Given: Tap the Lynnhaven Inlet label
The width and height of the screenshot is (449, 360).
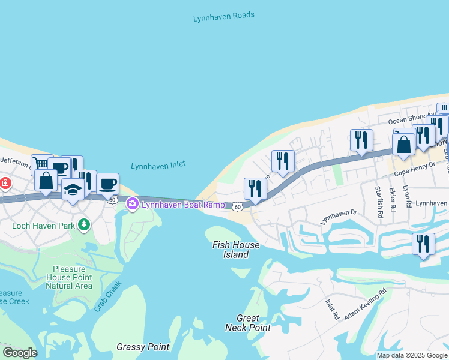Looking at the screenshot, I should (158, 165).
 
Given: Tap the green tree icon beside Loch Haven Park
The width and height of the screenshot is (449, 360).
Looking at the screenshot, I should (85, 225).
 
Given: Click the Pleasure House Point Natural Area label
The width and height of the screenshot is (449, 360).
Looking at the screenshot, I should (72, 277).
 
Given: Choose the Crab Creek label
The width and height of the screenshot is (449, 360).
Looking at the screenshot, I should (108, 296).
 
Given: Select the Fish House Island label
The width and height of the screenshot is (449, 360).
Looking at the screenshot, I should (237, 250).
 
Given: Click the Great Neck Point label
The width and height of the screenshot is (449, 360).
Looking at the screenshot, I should (247, 323).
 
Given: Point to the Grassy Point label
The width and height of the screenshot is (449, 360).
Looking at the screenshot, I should (142, 347).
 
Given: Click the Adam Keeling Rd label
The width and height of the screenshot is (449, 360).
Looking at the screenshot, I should (365, 305).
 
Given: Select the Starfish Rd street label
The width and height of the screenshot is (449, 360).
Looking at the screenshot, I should (378, 199).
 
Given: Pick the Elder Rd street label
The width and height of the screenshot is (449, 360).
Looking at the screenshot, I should (393, 199).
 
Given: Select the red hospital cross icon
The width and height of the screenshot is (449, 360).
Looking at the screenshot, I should (4, 182).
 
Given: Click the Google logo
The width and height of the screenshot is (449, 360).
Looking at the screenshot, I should (20, 353).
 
